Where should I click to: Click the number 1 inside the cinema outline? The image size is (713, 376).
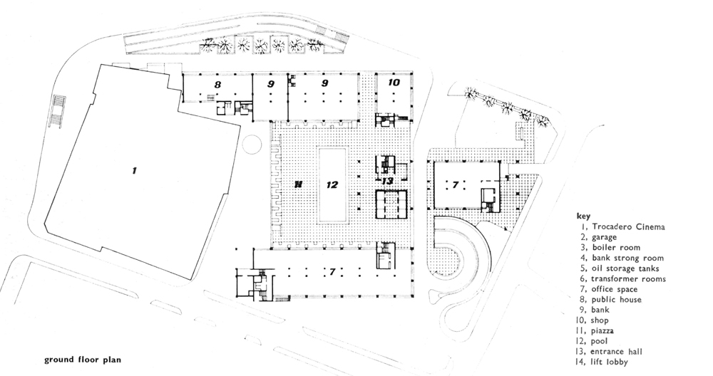point(133,170)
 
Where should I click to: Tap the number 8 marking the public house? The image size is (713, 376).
point(217,85)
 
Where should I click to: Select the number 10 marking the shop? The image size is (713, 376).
point(394,83)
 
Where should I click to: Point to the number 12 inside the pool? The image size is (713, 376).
point(332,184)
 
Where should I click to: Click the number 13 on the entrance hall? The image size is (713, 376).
point(387,182)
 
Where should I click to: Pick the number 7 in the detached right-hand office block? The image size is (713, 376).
point(455,184)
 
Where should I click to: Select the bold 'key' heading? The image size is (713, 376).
point(583,216)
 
